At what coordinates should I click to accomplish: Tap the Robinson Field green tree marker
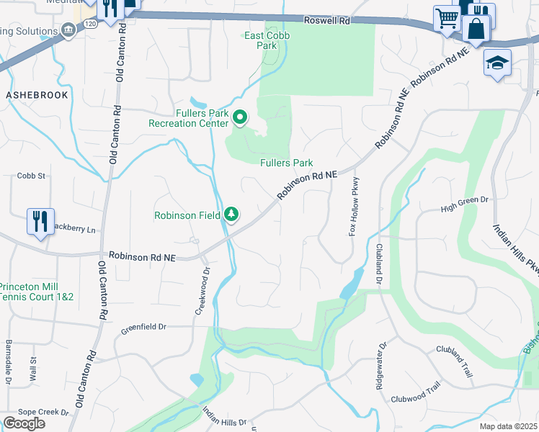point(231,215)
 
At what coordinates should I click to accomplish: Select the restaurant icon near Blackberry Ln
point(40,220)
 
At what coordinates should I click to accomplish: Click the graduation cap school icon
point(497,63)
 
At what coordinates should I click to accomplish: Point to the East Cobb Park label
point(261,40)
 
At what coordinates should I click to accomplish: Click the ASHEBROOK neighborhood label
point(37,95)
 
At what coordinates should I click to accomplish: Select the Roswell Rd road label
point(326,22)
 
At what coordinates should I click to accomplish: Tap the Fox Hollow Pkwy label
point(354,209)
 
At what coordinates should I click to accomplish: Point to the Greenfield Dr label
point(143,326)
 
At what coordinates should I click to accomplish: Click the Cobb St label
point(31,176)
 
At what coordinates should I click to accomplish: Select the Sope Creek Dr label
point(45,413)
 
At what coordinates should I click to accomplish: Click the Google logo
point(24,423)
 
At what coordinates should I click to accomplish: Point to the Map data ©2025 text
point(508,426)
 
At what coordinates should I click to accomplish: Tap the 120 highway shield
point(89,24)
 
